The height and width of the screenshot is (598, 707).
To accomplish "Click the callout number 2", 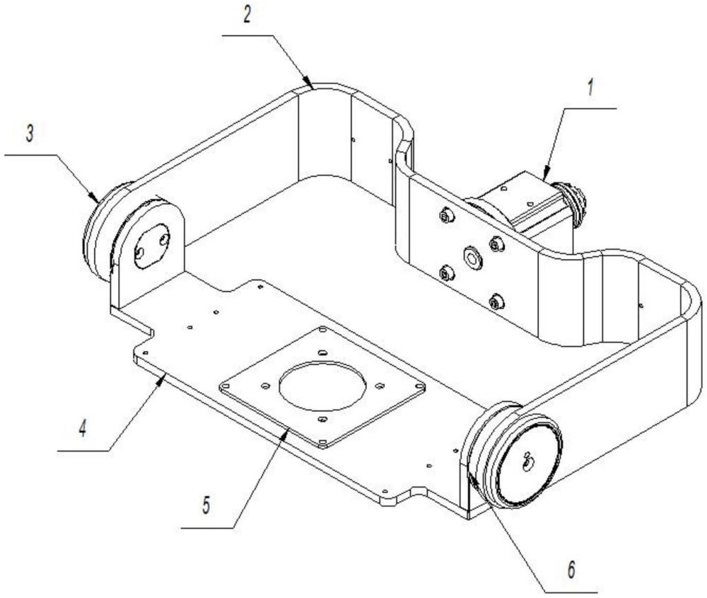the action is click(x=246, y=16).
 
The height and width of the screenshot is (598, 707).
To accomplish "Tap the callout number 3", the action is click(x=29, y=134).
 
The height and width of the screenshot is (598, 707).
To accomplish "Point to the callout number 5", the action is click(x=206, y=505).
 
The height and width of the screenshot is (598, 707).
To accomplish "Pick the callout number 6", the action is click(x=571, y=570).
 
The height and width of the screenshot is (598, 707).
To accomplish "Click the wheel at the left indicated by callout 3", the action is click(x=101, y=232).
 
